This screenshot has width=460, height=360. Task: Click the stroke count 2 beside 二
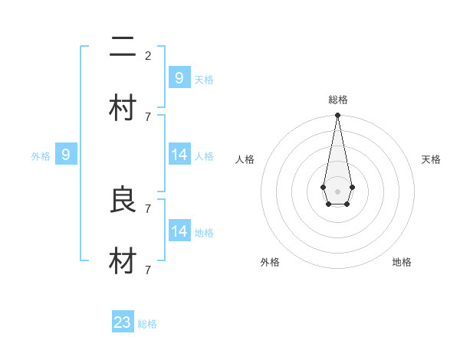tap(148, 55)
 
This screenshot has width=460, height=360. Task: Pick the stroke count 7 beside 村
tap(148, 116)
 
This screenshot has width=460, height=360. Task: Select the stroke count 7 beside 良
tap(148, 208)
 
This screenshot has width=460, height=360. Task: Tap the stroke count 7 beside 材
tap(148, 270)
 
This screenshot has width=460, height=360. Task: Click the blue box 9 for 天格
tap(179, 77)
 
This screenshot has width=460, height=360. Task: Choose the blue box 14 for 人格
tap(179, 155)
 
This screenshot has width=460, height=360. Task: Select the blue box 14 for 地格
tap(179, 231)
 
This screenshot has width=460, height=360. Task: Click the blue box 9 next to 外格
tap(66, 155)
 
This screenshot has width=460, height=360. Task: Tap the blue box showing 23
tap(123, 322)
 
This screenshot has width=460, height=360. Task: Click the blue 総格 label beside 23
tap(147, 324)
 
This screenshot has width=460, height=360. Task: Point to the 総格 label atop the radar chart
tap(338, 100)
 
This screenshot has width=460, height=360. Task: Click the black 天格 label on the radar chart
tap(432, 159)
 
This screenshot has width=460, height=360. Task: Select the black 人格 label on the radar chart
tap(245, 159)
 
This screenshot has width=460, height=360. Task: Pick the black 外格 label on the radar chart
tap(270, 262)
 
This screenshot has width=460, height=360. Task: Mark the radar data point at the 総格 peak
tap(337, 116)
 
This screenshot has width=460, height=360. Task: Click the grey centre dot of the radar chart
tap(337, 190)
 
